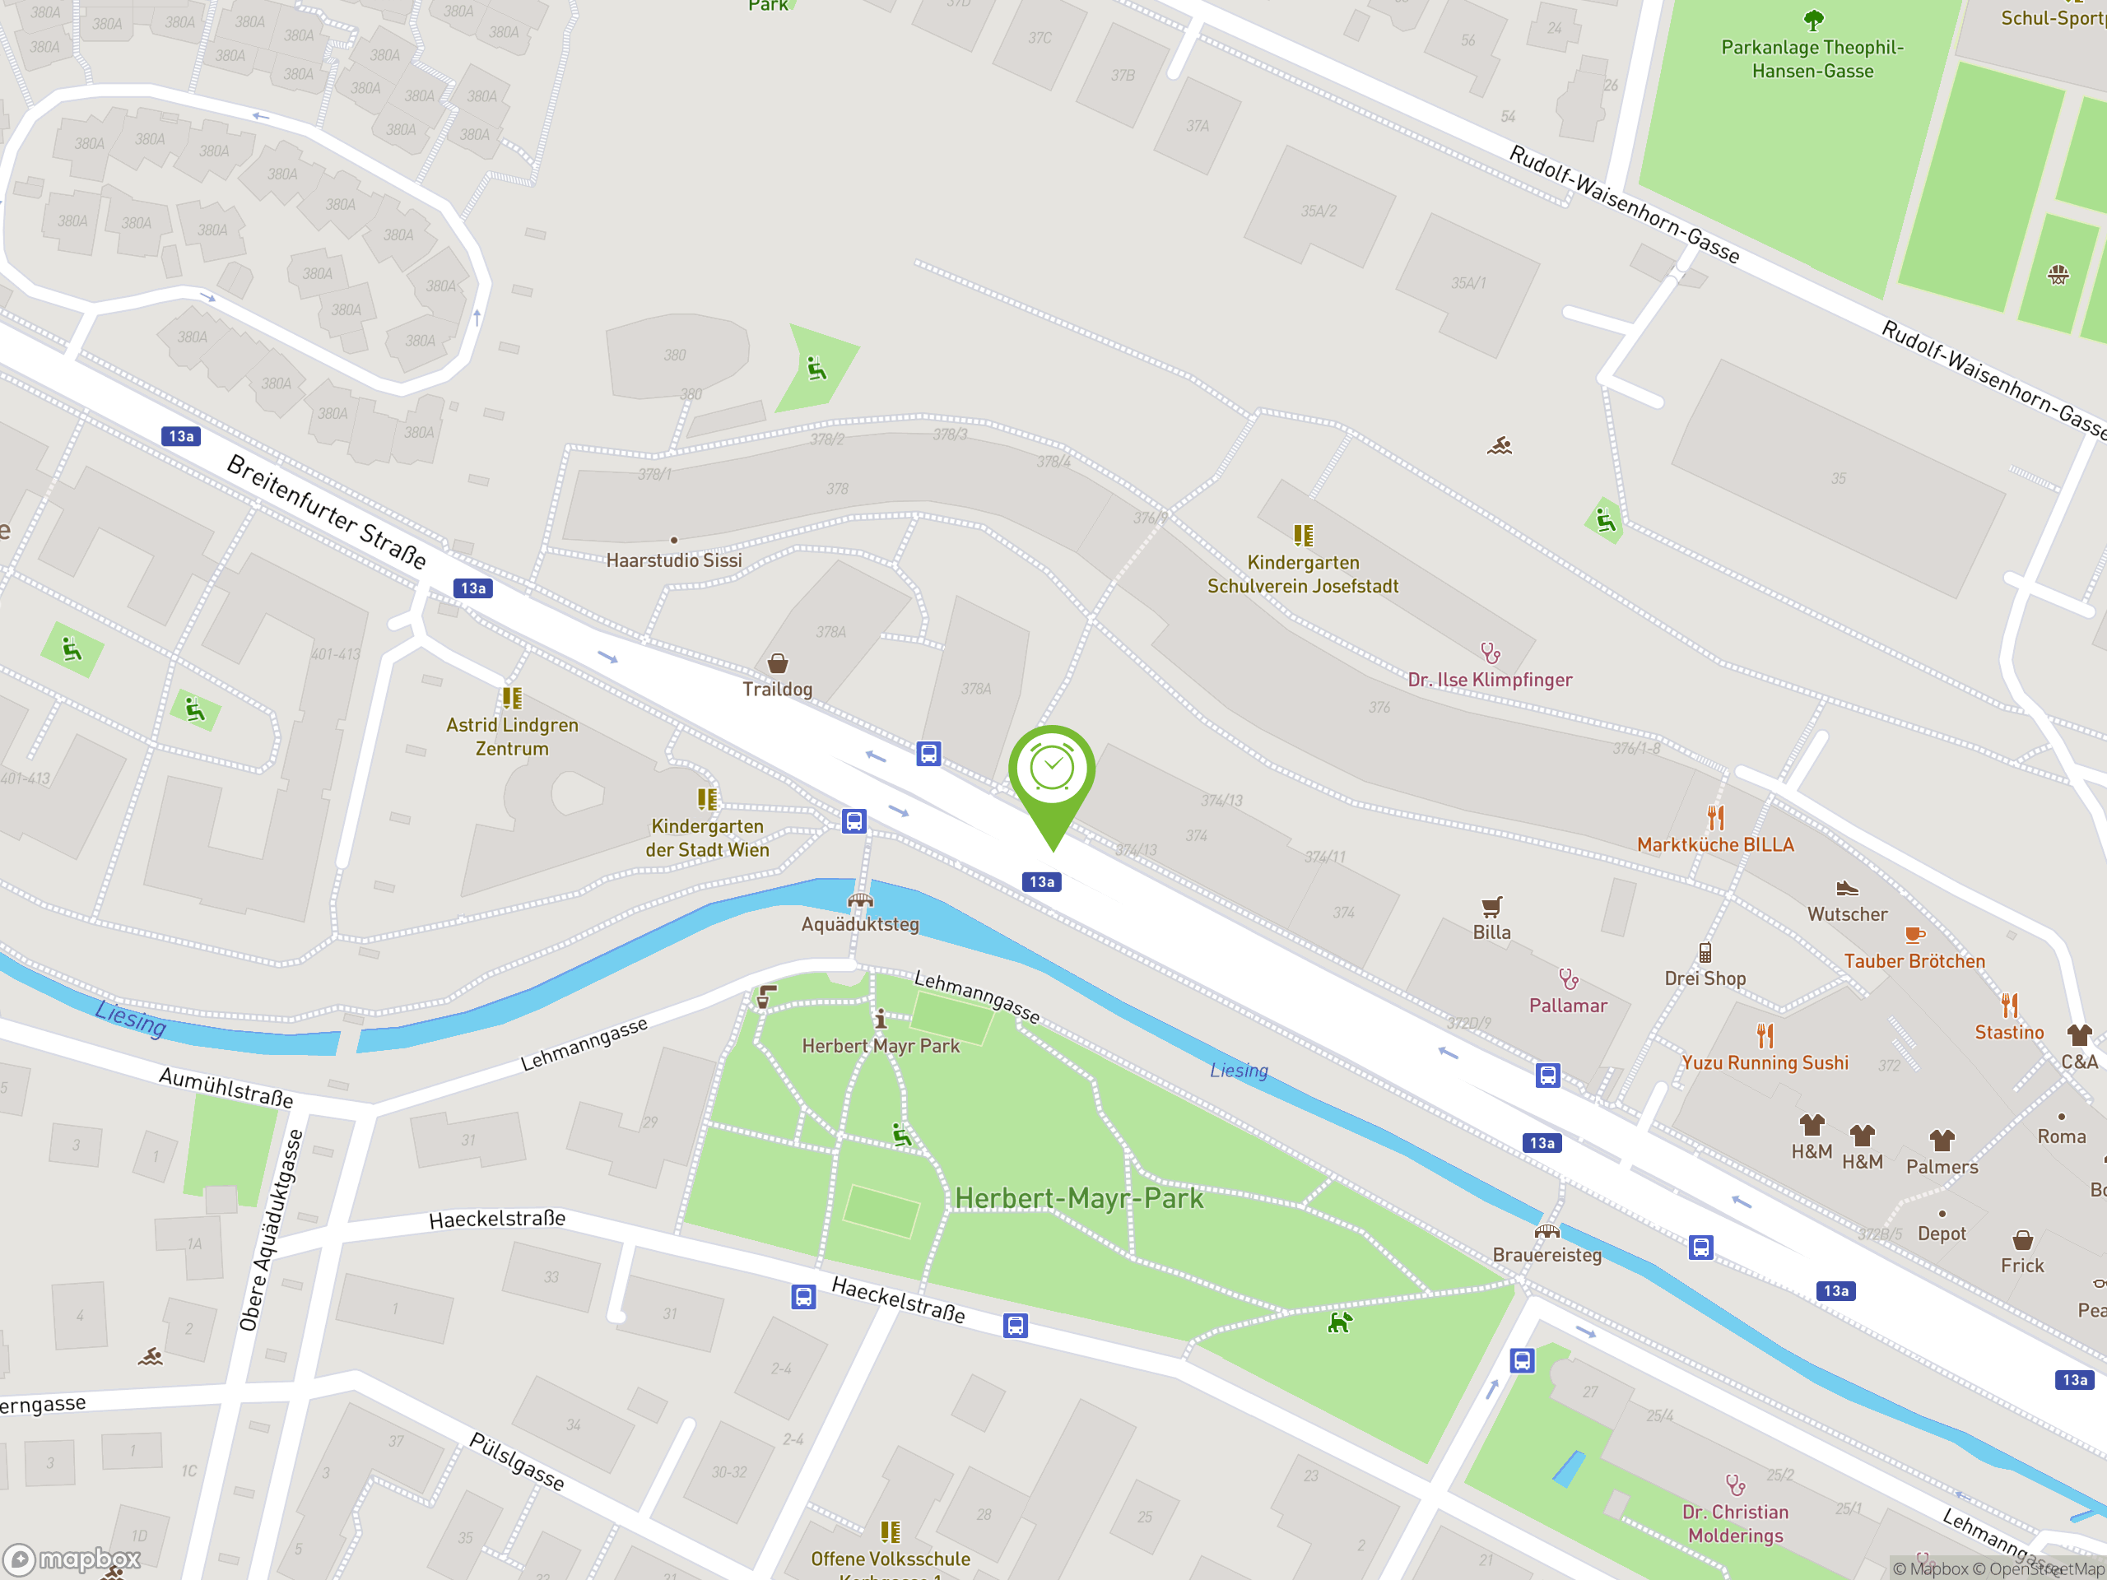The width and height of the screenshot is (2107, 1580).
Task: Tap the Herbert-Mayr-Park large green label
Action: click(1078, 1198)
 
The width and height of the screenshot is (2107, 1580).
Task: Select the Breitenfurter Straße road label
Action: click(326, 511)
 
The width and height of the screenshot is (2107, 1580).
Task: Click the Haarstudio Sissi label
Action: click(673, 560)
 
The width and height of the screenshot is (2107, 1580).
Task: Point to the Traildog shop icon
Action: click(777, 662)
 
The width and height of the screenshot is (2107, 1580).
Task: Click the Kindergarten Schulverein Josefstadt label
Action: click(1302, 574)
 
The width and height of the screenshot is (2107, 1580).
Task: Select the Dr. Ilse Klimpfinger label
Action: click(1490, 680)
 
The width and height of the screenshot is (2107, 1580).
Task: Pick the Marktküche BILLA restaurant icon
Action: click(1715, 818)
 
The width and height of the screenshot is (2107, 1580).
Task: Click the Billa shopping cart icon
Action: click(1491, 907)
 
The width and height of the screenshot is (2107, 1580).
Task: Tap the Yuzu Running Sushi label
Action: click(1764, 1063)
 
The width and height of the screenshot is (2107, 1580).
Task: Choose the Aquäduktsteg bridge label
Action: click(859, 924)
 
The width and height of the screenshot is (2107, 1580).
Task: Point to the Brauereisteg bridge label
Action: click(1547, 1255)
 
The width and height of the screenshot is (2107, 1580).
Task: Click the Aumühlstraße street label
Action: click(226, 1087)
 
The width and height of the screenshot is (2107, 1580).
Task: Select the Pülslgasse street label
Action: click(516, 1461)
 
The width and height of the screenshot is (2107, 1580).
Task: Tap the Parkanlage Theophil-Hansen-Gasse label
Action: click(1812, 59)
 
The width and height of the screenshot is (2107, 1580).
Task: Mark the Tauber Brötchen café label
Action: click(1914, 961)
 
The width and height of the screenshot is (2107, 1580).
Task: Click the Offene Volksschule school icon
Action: click(890, 1531)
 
